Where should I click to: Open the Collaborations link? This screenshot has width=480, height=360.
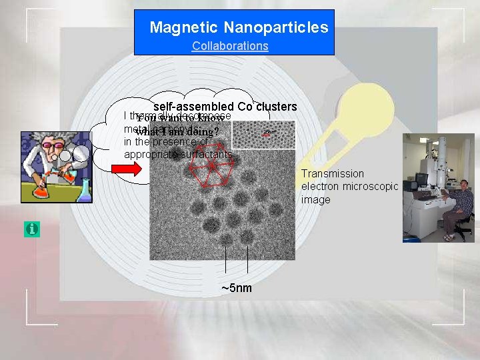coord(230,46)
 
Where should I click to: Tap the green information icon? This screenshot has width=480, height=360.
coord(31,229)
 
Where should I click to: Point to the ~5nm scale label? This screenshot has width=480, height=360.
coord(237,288)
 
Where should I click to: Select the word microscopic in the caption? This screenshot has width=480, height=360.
coord(370,187)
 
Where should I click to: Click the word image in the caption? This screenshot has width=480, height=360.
coord(315,199)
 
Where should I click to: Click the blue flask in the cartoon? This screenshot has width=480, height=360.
coord(84,191)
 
